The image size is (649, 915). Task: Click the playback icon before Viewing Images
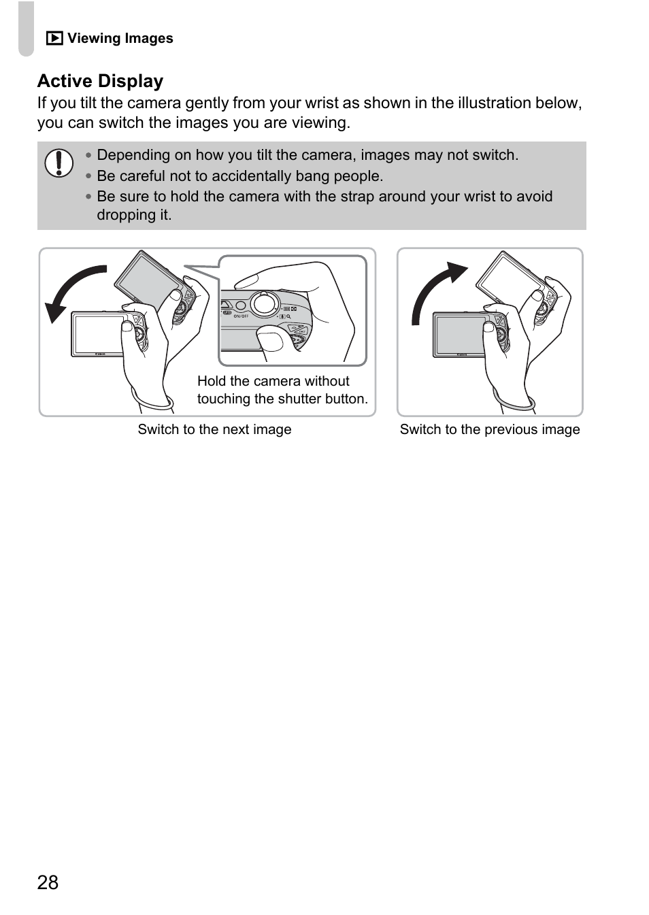click(54, 39)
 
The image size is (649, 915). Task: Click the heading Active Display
click(100, 81)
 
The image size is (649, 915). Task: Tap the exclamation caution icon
click(59, 163)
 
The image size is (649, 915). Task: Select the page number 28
click(48, 882)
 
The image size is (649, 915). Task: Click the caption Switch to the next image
click(214, 429)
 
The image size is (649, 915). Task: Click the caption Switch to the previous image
click(490, 429)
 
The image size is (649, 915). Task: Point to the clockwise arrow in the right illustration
click(435, 289)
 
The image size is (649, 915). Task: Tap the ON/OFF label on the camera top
click(241, 316)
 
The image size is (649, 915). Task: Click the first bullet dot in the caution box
click(88, 155)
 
